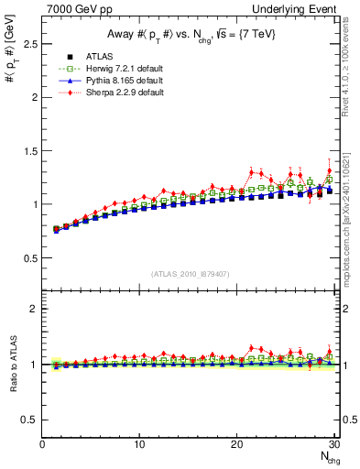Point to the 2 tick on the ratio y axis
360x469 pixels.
[x=35, y=309]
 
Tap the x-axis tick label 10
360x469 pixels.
[x=139, y=444]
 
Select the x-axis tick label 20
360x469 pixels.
[x=236, y=444]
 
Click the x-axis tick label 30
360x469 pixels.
[x=333, y=444]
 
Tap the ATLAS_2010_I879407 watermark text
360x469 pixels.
[x=191, y=273]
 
